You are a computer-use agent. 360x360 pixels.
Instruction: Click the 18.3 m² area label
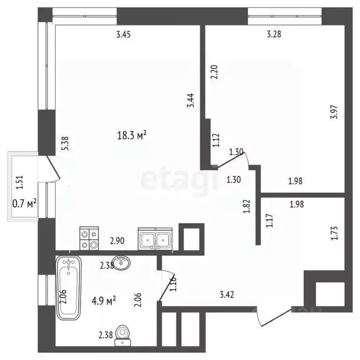click(x=132, y=136)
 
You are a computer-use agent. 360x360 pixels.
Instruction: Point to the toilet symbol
click(x=122, y=336)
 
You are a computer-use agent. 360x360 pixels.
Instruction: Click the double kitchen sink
click(x=156, y=238)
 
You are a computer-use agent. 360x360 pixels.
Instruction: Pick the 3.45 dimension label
click(x=124, y=33)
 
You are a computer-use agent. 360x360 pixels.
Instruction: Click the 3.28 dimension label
click(x=274, y=33)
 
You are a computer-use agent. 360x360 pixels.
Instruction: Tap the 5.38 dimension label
click(x=65, y=142)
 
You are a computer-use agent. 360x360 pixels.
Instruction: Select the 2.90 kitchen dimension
click(x=118, y=241)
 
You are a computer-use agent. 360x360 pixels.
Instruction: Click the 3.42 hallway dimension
click(x=227, y=295)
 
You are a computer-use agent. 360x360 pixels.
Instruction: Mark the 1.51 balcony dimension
click(x=19, y=181)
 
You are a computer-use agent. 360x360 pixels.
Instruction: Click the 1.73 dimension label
click(x=334, y=233)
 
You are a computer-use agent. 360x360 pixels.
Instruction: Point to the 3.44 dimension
click(x=190, y=100)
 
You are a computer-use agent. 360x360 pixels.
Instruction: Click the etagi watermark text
click(x=180, y=178)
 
